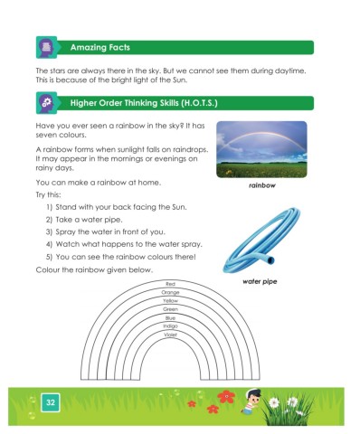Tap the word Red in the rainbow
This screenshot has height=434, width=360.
170,285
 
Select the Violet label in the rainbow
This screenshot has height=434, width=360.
170,335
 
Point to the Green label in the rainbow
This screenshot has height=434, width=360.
170,309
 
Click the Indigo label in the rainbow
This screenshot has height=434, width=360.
170,326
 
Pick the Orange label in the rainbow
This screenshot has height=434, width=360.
170,293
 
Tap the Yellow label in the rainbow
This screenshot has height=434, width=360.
170,301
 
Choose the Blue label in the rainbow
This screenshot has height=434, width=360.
170,318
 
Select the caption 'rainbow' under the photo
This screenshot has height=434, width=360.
262,186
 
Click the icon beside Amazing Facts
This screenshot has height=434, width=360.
45,46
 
